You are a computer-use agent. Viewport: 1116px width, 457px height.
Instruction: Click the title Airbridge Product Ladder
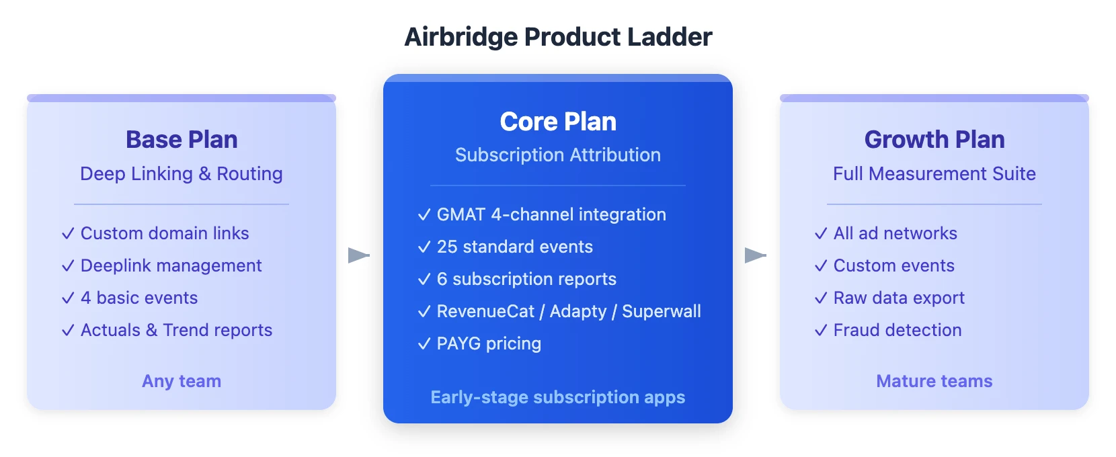pyautogui.click(x=558, y=37)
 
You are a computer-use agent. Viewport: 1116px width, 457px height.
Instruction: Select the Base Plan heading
pyautogui.click(x=182, y=140)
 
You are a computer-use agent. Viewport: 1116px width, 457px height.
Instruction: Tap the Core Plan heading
pyautogui.click(x=558, y=122)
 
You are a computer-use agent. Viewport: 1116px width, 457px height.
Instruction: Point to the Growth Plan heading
pyautogui.click(x=934, y=140)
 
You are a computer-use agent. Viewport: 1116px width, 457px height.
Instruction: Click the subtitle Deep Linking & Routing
pyautogui.click(x=182, y=173)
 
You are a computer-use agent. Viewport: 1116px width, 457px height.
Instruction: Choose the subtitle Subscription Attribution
pyautogui.click(x=558, y=155)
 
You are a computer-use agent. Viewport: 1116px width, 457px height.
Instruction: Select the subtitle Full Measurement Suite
pyautogui.click(x=934, y=173)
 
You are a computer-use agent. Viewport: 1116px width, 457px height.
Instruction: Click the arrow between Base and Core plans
pyautogui.click(x=358, y=255)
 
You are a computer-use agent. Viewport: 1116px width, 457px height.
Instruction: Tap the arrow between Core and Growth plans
pyautogui.click(x=755, y=255)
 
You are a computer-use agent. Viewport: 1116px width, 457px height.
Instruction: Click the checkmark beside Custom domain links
pyautogui.click(x=68, y=234)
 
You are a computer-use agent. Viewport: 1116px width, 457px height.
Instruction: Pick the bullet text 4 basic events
pyautogui.click(x=139, y=298)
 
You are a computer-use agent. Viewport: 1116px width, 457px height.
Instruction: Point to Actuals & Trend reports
pyautogui.click(x=176, y=330)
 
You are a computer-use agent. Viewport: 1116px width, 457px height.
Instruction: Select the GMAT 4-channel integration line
pyautogui.click(x=551, y=214)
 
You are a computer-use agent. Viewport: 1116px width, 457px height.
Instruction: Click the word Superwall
pyautogui.click(x=662, y=311)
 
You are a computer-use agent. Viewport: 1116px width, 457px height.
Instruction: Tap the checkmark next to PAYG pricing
pyautogui.click(x=424, y=344)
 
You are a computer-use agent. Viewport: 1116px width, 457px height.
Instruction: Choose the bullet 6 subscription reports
pyautogui.click(x=526, y=279)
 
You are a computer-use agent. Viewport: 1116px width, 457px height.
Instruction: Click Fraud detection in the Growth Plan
pyautogui.click(x=898, y=330)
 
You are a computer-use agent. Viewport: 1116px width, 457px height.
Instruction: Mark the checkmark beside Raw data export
pyautogui.click(x=821, y=298)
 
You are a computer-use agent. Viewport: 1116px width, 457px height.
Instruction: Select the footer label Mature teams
pyautogui.click(x=934, y=381)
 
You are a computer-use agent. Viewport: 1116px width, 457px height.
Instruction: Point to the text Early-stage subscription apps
pyautogui.click(x=558, y=397)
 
